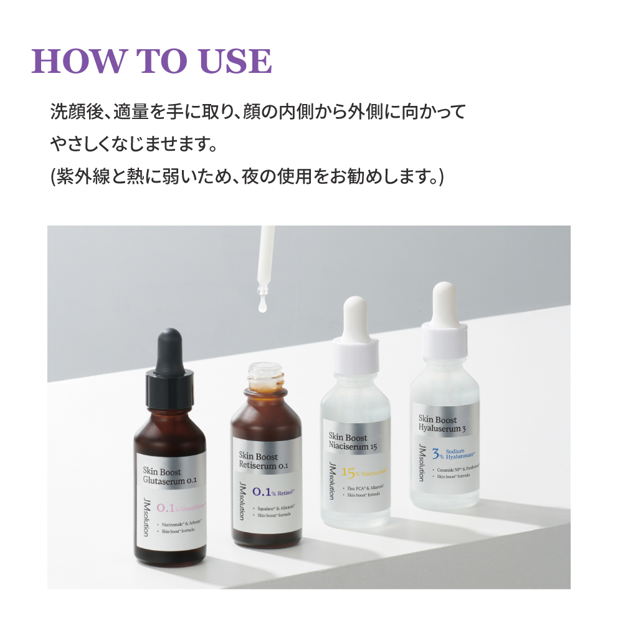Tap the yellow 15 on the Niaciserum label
(x=347, y=472)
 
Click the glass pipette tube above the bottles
(x=267, y=255)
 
